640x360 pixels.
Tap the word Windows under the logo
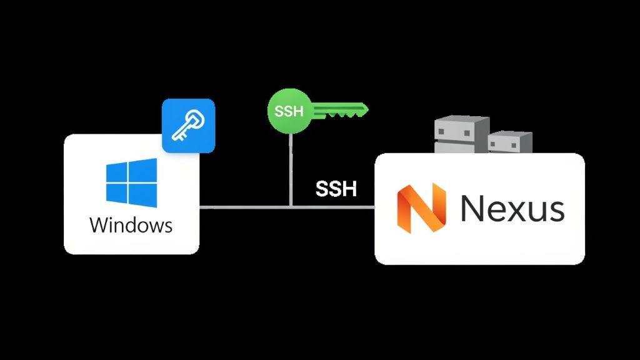tap(131, 224)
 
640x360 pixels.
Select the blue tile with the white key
tap(188, 126)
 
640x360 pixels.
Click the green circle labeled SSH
tap(289, 112)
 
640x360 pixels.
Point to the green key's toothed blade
tap(341, 112)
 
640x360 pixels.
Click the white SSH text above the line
tap(336, 189)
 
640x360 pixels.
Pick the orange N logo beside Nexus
tap(421, 208)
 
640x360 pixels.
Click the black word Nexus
tap(512, 209)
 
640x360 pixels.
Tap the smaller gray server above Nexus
tap(509, 142)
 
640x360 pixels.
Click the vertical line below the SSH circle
tap(289, 169)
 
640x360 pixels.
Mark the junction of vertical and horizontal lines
tap(289, 206)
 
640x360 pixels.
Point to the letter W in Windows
tap(100, 224)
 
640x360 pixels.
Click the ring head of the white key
tap(198, 117)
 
